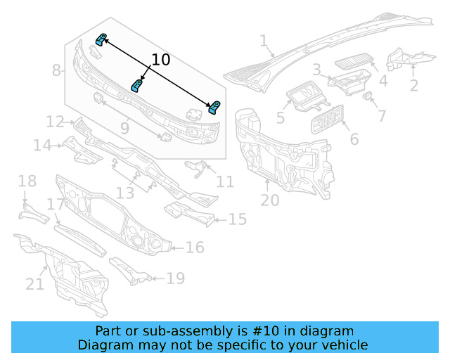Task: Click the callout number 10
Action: [161, 60]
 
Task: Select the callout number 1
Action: [264, 41]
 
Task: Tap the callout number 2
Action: [414, 85]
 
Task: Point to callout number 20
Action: [270, 200]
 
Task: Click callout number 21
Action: [35, 284]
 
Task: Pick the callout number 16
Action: [195, 247]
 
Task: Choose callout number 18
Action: [27, 182]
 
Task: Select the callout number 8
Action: [57, 70]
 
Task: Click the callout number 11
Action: [225, 182]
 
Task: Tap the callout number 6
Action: [354, 139]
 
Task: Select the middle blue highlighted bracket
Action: [138, 86]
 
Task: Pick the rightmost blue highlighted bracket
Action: [214, 107]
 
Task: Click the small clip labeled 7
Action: [367, 95]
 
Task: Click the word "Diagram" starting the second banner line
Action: [103, 345]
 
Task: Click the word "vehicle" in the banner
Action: [344, 345]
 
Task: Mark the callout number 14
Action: [42, 146]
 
